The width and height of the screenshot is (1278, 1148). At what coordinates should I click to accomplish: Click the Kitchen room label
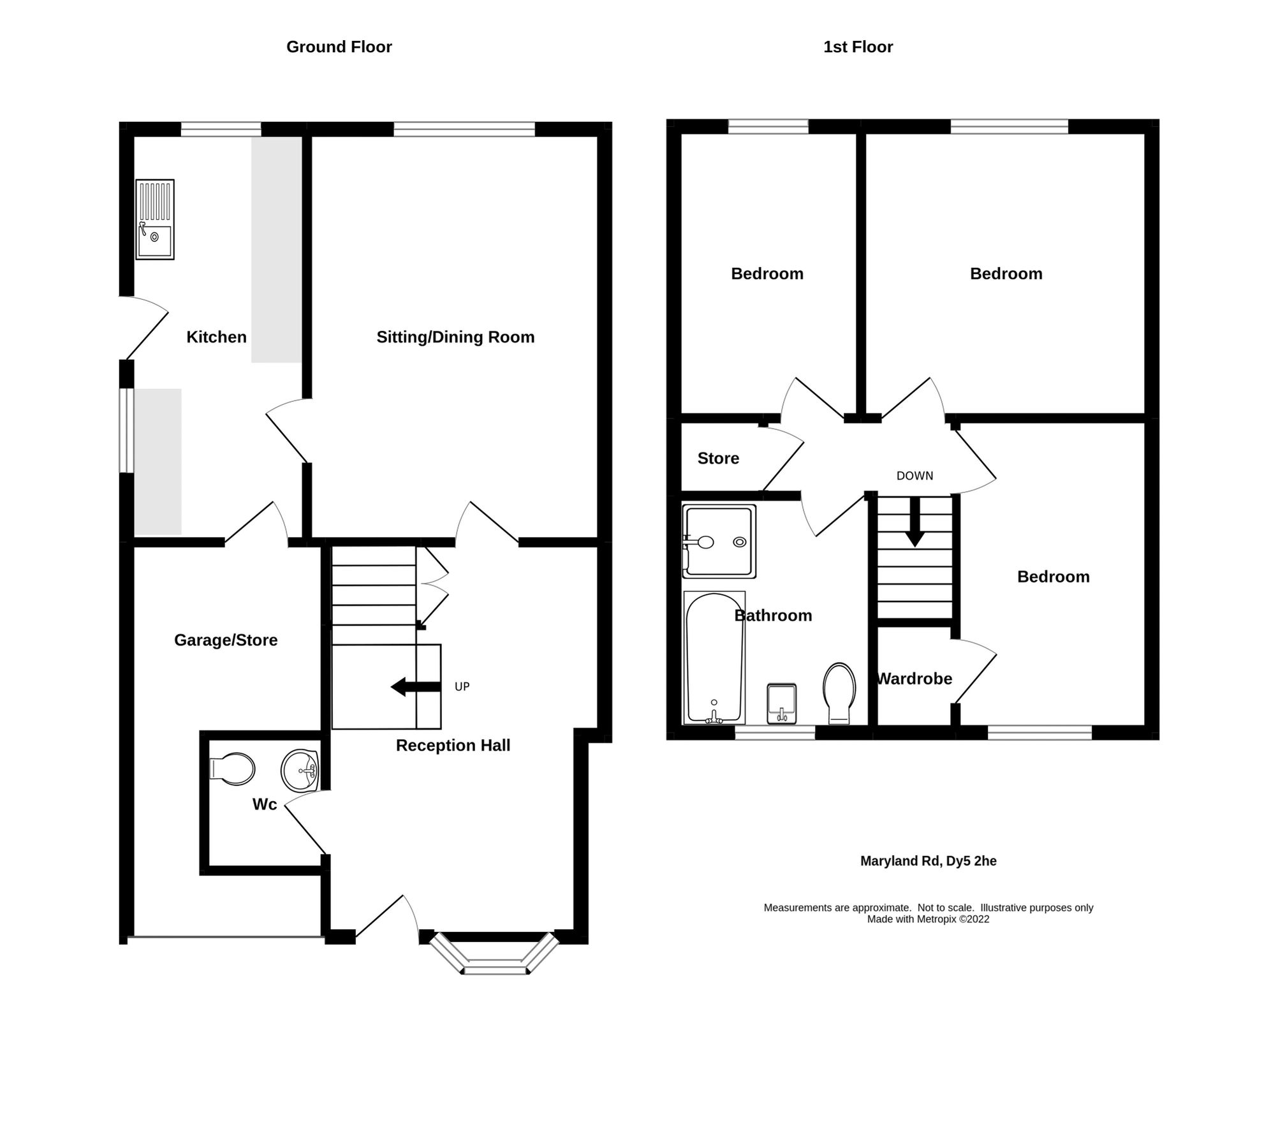coord(216,337)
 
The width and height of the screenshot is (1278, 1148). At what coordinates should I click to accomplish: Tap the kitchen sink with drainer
coord(155,219)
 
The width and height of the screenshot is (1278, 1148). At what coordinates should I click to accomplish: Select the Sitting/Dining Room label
coord(455,337)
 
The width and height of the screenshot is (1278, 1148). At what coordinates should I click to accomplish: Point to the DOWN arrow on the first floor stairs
coord(914,522)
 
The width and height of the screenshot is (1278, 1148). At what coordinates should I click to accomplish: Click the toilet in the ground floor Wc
coord(233,769)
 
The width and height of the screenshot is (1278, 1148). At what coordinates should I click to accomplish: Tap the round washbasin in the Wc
coord(300,770)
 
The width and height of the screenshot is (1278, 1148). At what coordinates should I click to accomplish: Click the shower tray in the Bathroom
coord(719,542)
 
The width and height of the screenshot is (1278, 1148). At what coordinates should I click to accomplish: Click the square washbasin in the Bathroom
coord(781,703)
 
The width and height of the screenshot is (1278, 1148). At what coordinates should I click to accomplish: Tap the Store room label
coord(718,458)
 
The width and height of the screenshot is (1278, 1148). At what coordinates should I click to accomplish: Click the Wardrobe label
coord(914,679)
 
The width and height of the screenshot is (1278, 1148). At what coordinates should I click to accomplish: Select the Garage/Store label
coord(226,640)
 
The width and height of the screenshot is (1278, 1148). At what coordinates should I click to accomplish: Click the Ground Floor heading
coord(339,47)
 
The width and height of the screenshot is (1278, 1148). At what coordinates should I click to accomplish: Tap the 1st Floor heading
coord(858,47)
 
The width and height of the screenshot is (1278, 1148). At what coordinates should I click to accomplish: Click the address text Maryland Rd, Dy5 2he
coord(928,861)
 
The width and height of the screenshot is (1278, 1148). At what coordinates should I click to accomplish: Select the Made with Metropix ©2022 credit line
coord(928,919)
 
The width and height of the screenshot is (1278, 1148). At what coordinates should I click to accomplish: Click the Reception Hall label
coord(453,745)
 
